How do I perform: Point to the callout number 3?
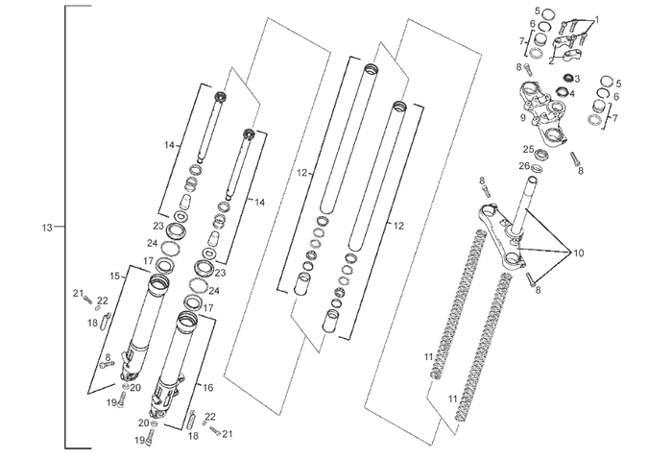pos(572,94)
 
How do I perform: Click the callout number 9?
pos(523,119)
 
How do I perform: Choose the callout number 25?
pos(528,149)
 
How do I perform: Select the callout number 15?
pos(115,276)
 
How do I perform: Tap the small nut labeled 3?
pos(564,77)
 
